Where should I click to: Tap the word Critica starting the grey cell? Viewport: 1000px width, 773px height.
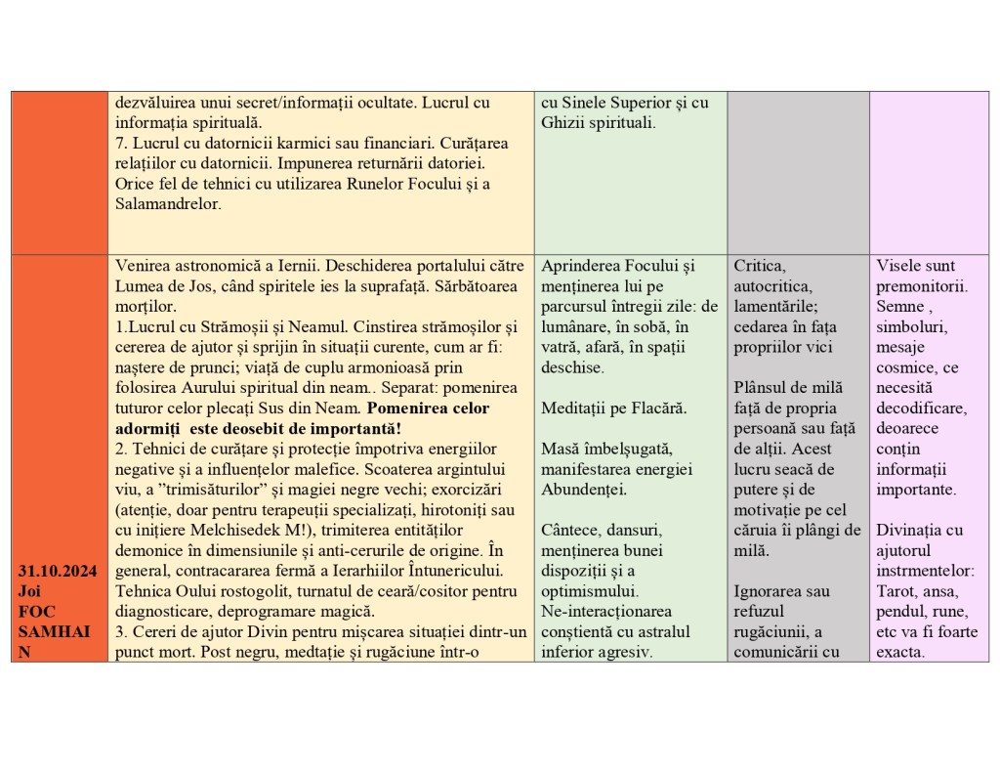pos(759,266)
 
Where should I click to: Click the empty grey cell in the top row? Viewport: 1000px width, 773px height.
pos(798,173)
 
